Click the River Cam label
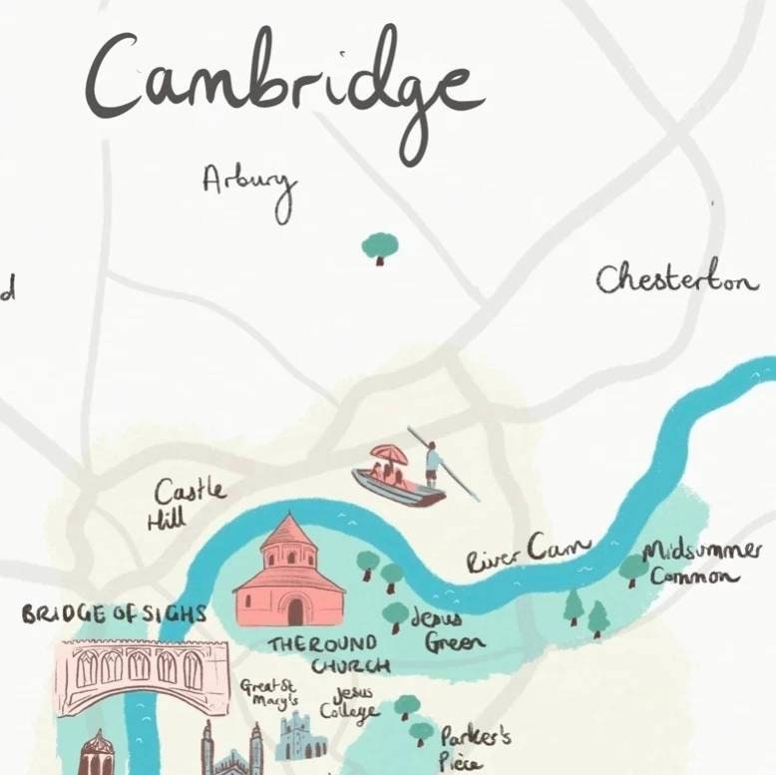(x=528, y=553)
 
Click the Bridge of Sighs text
(x=114, y=613)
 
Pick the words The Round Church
(x=322, y=653)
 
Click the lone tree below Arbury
(x=380, y=246)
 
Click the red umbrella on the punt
(x=388, y=454)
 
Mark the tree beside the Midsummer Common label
(x=633, y=570)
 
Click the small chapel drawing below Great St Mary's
(x=300, y=738)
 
